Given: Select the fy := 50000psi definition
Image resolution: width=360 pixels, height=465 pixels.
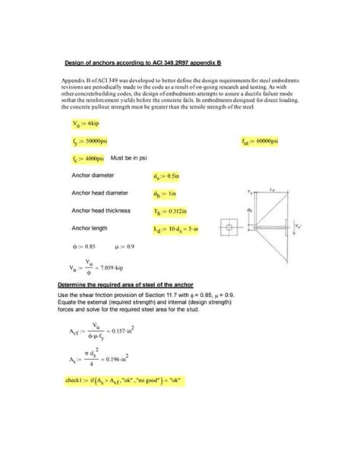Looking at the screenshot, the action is click(x=90, y=141).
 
